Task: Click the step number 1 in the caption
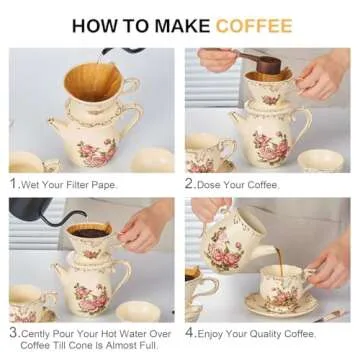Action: point(13,183)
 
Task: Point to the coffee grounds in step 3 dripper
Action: point(90,231)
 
